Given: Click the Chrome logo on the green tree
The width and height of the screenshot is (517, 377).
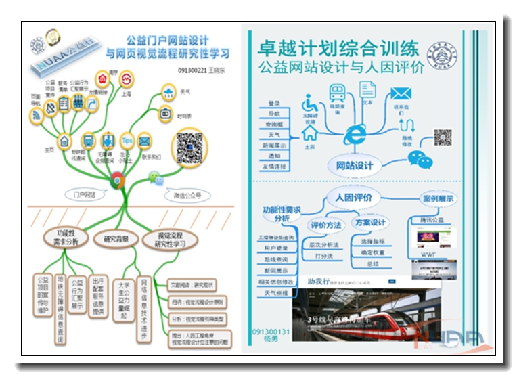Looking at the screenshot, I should click(x=117, y=179).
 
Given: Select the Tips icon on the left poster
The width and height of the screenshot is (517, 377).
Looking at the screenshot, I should click(x=127, y=140).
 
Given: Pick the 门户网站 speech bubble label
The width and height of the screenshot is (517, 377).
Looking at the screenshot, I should click(x=84, y=194).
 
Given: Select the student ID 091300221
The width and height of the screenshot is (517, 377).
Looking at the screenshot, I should click(x=192, y=70).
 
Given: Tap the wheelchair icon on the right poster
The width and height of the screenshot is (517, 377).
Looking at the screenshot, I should click(x=311, y=104).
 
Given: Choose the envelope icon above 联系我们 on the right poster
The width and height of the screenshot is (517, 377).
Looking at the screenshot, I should click(x=401, y=94).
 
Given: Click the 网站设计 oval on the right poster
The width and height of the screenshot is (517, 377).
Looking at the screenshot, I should click(x=354, y=165).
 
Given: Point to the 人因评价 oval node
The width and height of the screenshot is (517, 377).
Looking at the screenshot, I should click(x=353, y=198).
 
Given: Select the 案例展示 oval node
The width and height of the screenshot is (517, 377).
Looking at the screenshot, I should click(x=438, y=199).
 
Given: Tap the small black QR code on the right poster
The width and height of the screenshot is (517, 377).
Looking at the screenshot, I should click(x=443, y=137).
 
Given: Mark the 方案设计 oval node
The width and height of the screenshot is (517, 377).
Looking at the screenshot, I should click(x=370, y=223).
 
